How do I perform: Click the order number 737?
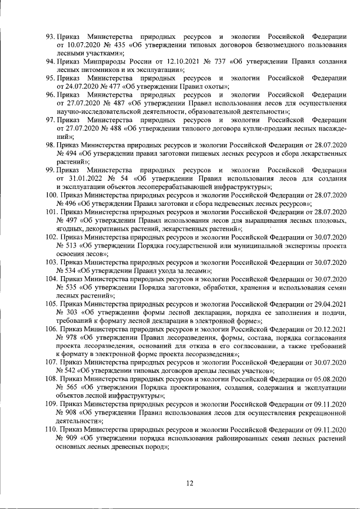[201, 61]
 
